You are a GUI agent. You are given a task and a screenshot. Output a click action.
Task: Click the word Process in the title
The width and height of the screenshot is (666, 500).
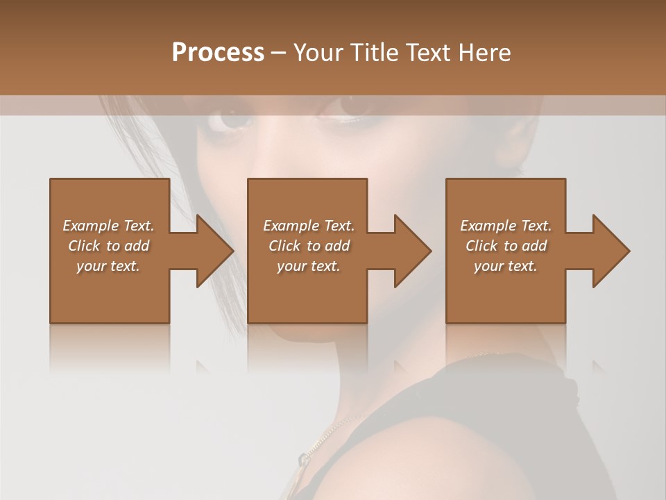click(218, 53)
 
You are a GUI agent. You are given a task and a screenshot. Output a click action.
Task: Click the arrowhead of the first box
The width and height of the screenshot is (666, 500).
click(214, 251)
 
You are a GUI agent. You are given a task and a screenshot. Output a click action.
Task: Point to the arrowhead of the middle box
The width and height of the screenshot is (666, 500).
click(412, 251)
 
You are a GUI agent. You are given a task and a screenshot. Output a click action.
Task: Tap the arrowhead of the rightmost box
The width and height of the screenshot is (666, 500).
click(610, 251)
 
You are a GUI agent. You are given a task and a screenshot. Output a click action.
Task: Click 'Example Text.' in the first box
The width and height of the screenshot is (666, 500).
click(108, 225)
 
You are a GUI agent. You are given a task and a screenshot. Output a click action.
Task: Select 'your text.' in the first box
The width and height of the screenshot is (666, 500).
click(108, 265)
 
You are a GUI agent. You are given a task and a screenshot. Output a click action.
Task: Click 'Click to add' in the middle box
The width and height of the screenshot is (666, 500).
click(309, 245)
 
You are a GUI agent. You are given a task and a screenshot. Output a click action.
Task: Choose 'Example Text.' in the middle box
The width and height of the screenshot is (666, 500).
click(309, 225)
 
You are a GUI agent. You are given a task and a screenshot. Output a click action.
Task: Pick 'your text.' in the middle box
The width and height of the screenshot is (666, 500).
click(309, 265)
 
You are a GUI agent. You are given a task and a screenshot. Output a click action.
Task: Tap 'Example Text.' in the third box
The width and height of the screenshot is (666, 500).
click(506, 225)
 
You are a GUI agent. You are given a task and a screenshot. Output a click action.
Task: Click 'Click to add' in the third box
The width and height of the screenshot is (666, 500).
click(506, 245)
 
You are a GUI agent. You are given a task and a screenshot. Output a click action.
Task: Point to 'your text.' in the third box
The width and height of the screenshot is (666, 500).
click(506, 265)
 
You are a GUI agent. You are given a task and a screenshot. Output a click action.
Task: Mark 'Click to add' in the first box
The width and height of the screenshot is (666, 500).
click(108, 245)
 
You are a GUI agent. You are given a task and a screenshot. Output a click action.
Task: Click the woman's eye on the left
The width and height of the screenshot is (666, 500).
click(232, 119)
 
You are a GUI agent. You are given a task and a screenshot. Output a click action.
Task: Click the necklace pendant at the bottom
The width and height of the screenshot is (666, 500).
click(303, 459)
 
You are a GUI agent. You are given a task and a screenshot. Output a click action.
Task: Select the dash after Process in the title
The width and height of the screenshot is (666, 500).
click(279, 53)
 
